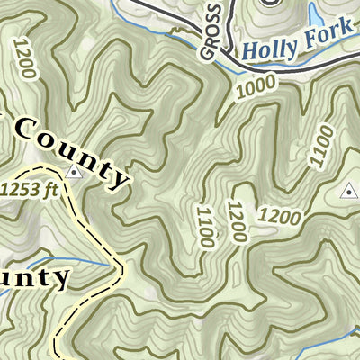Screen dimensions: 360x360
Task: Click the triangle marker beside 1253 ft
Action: coord(74,172)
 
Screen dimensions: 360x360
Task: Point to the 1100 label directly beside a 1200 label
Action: coord(205,227)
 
